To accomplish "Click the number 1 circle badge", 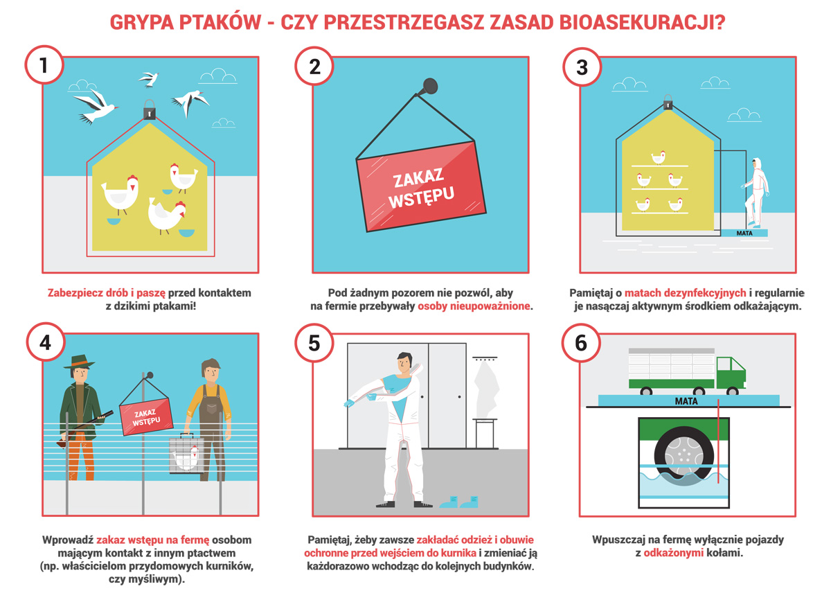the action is coord(44,65).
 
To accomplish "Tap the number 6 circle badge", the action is coord(581,343).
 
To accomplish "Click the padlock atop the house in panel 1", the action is coord(150,109).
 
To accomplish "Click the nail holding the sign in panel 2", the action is coord(430,86).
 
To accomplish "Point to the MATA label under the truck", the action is coord(686,401).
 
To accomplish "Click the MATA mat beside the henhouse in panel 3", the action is coord(744,233).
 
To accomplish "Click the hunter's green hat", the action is coord(79,362).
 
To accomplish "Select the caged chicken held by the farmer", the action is coord(186,455).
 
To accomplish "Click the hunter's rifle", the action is coord(85,426).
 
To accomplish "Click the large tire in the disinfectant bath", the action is coord(683,456).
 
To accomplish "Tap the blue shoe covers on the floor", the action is coord(459,502).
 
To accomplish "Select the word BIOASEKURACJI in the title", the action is coord(642,22).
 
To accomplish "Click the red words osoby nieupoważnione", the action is coord(474,306).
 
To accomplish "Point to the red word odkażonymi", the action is coord(673,553).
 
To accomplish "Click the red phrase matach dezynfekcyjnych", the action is coord(685,293).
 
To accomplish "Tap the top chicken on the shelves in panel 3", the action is coord(659,157).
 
